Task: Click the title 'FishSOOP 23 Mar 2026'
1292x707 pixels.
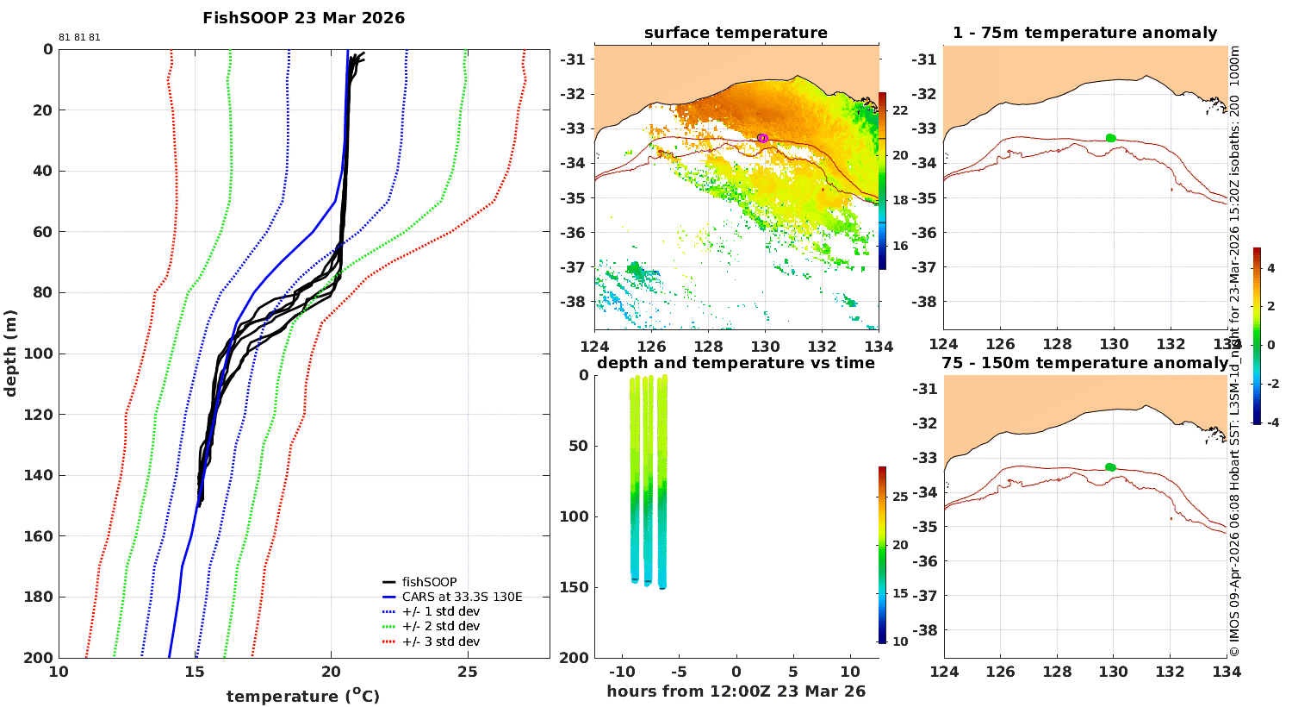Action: (303, 18)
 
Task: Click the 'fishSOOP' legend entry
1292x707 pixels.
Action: (429, 582)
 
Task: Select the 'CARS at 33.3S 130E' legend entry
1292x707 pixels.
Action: (462, 597)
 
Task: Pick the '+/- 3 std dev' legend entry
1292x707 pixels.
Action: (441, 641)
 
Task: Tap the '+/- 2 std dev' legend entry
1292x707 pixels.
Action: (441, 626)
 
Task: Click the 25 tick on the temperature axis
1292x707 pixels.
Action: (467, 672)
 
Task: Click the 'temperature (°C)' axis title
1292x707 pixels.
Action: (303, 696)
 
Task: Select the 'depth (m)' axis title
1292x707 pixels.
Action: (10, 353)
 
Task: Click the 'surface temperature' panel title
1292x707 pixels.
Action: (736, 33)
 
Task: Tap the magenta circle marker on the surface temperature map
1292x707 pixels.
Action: (763, 138)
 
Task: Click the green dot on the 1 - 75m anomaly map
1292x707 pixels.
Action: (1111, 138)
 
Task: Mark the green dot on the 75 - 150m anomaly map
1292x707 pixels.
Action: (1110, 467)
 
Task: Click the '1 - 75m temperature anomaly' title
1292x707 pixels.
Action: (1085, 33)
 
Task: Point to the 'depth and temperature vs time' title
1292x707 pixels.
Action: (736, 363)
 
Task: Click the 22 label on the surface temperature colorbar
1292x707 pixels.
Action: (900, 110)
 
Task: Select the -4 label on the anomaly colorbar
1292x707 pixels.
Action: (1272, 422)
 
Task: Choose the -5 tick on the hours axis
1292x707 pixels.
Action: (679, 672)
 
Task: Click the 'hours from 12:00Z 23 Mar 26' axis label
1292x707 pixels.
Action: (736, 691)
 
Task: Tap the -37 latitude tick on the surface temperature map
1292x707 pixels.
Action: (574, 267)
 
